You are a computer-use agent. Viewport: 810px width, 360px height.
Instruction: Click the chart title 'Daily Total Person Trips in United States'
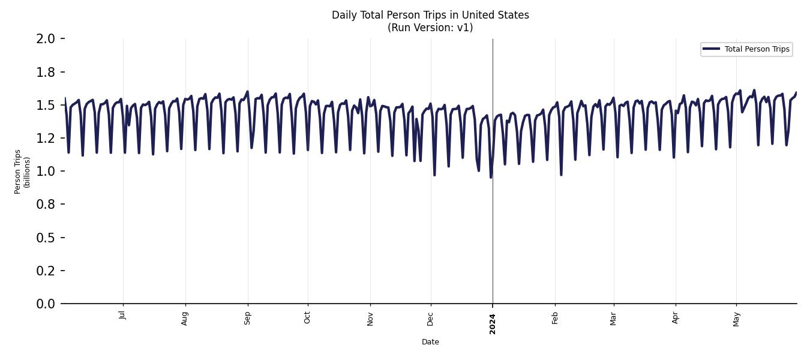pos(430,15)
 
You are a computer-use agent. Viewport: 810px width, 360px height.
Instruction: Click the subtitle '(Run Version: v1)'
pos(430,28)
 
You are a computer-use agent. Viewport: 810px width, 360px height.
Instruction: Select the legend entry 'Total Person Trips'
pos(757,49)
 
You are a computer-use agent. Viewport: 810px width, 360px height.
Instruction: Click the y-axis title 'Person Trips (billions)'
pos(22,172)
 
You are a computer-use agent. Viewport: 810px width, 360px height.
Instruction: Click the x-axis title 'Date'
pos(430,342)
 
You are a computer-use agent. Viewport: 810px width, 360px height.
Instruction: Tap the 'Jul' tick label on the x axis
pos(123,315)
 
